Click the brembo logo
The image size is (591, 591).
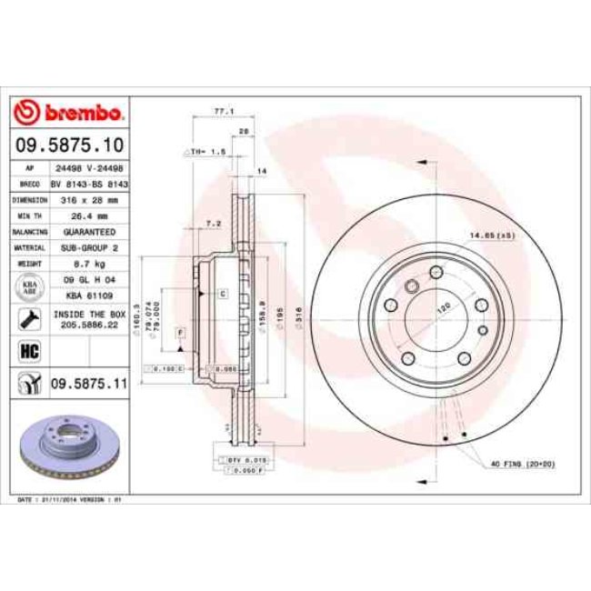coord(69,113)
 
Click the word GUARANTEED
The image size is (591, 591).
coord(85,231)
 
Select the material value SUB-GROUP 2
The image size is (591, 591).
coord(85,246)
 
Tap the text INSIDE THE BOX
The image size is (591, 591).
coord(86,314)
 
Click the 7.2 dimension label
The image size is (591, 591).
coord(215,222)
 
